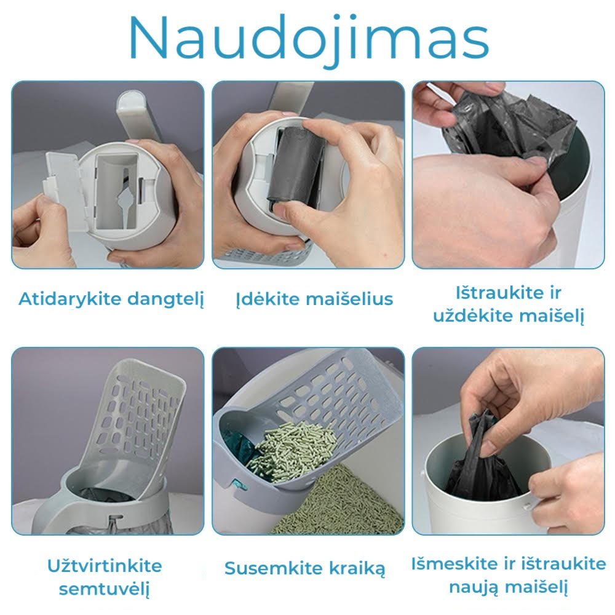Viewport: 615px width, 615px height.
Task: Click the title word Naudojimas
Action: coord(307,38)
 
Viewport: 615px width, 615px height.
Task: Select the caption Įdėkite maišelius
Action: coord(314,300)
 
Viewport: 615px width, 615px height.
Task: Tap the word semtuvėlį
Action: coord(104,589)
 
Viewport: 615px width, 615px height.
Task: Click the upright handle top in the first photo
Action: coord(132,111)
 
